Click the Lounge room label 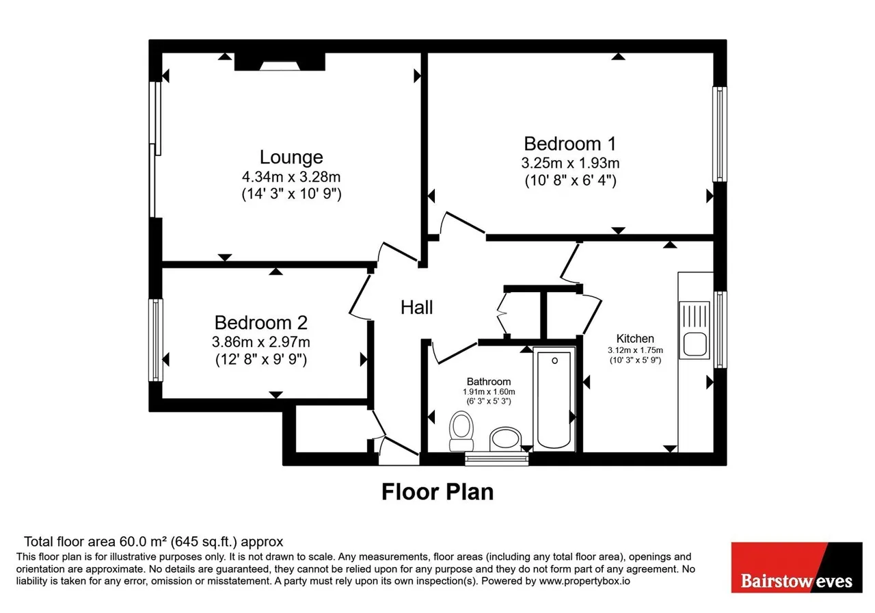coord(291,157)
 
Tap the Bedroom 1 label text coord(570,144)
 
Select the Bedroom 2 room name coord(261,322)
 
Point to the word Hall coord(417,307)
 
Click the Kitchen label coord(635,339)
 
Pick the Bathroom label coord(489,382)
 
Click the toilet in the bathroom coord(461,431)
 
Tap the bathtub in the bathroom coord(554,399)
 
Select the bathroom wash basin coord(505,439)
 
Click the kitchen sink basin coord(695,344)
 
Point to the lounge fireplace coord(280,62)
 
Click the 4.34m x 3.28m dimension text coord(291,177)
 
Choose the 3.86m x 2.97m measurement coord(261,342)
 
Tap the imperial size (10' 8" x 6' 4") coord(571,181)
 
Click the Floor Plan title coord(437,492)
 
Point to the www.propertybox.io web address coord(584,581)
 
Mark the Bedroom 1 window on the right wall coord(720,134)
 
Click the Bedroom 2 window coord(156,340)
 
